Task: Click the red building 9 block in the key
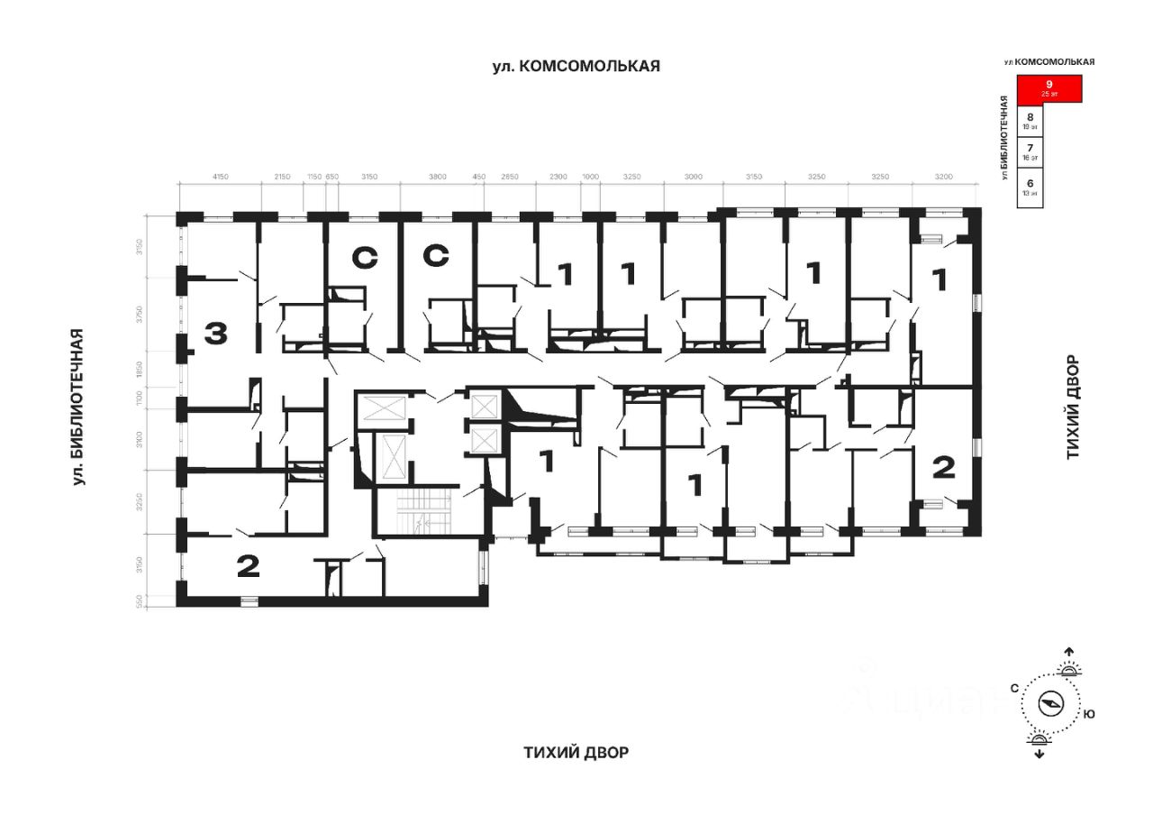pyautogui.click(x=1049, y=88)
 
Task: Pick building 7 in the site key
pyautogui.click(x=1030, y=151)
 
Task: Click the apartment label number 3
pyautogui.click(x=215, y=334)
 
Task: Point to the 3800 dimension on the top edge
pyautogui.click(x=437, y=176)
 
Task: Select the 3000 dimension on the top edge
pyautogui.click(x=693, y=176)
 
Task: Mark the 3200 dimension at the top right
pyautogui.click(x=944, y=176)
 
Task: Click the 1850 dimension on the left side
pyautogui.click(x=139, y=368)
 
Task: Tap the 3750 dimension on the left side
pyautogui.click(x=139, y=315)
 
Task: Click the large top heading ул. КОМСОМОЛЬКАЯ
pyautogui.click(x=576, y=65)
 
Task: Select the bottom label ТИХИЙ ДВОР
pyautogui.click(x=576, y=753)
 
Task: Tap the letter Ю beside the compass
pyautogui.click(x=1089, y=714)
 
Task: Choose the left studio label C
pyautogui.click(x=363, y=258)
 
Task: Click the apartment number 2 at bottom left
pyautogui.click(x=248, y=566)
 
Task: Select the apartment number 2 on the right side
pyautogui.click(x=943, y=467)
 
